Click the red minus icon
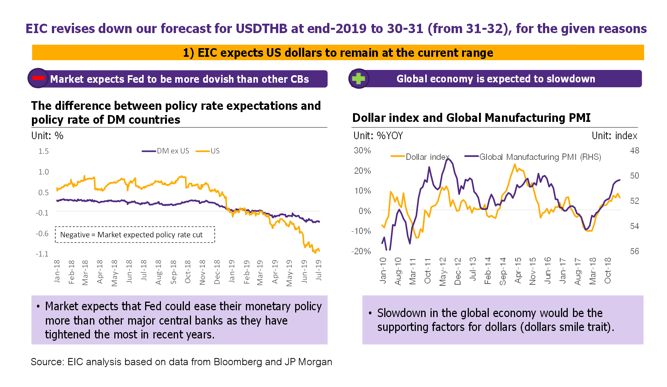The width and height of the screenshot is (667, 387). (x=38, y=78)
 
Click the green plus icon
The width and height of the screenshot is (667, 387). (x=358, y=78)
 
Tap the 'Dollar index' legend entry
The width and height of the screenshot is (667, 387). (x=427, y=157)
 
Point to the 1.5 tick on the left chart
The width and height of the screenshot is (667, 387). (x=44, y=151)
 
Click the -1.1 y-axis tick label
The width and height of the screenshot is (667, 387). (x=42, y=254)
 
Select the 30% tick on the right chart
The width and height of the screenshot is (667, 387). (x=362, y=150)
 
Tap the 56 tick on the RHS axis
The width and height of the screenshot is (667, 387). (x=634, y=251)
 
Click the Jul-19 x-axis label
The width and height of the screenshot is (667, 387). (x=319, y=270)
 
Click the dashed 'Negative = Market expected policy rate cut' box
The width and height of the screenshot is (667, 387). (x=135, y=235)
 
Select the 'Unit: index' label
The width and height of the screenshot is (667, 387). (x=614, y=136)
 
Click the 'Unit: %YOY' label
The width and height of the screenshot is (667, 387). (x=378, y=136)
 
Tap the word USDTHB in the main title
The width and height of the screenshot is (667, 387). (x=261, y=29)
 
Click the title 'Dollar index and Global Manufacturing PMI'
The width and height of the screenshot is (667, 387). (x=471, y=118)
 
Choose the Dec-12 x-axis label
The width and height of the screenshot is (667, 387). (x=458, y=271)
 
